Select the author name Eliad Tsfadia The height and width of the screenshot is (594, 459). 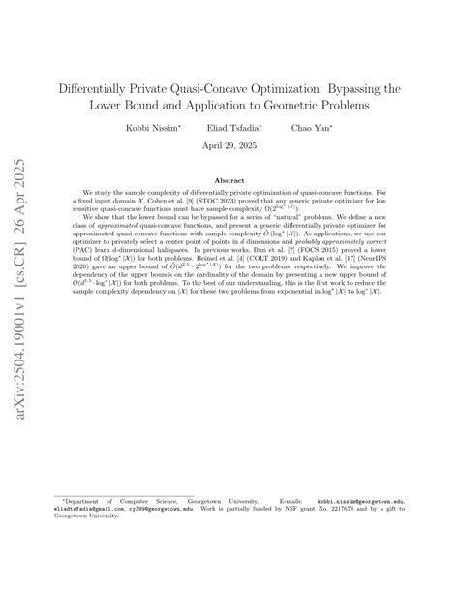point(229,127)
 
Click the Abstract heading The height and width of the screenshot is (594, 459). point(229,180)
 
